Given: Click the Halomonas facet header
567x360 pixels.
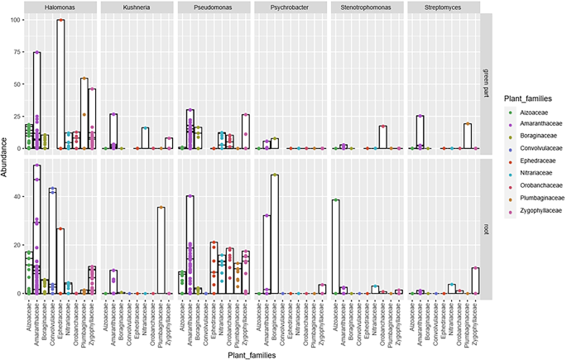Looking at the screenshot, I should (60, 7).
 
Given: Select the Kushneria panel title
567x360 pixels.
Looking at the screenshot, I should (137, 7).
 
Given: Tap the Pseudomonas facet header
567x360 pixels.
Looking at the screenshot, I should (215, 7).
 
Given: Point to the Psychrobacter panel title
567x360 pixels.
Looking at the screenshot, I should (292, 7).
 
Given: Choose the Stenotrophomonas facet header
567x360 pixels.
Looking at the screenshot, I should (369, 7).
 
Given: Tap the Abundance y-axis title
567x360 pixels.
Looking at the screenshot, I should (6, 157).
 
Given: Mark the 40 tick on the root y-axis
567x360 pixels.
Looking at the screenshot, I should (15, 195).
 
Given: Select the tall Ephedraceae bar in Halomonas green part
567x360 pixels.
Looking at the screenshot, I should (60, 84).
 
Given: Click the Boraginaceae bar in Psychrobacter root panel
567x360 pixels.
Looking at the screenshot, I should (275, 234).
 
